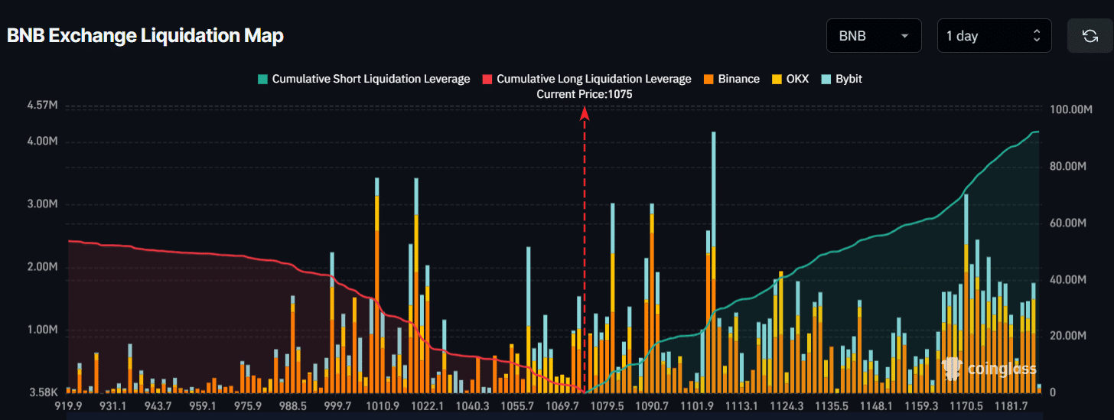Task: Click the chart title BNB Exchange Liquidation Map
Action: coord(145,36)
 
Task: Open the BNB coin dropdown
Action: coord(873,36)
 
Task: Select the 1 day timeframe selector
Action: coord(994,36)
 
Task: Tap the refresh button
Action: coord(1090,36)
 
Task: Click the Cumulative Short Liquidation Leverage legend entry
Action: coord(363,79)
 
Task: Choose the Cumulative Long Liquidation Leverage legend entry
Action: coord(587,79)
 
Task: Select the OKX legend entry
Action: coord(790,79)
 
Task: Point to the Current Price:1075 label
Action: coord(585,94)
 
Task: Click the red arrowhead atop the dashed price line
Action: coord(585,113)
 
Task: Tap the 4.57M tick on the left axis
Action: coord(42,105)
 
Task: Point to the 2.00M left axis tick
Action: coord(42,267)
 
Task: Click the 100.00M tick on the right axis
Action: coord(1069,110)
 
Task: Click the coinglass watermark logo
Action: coord(990,369)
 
